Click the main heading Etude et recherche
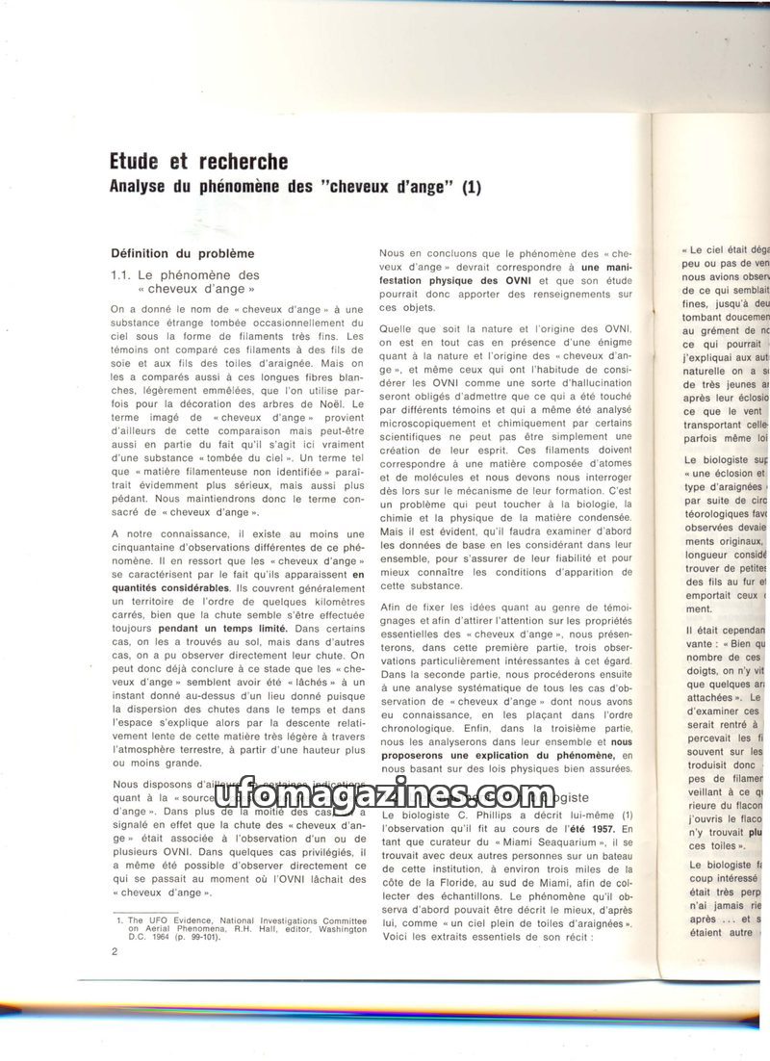tap(199, 160)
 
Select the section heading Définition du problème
tap(183, 253)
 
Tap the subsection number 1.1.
tap(122, 274)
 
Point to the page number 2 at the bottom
tap(114, 953)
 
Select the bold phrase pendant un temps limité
tap(227, 628)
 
